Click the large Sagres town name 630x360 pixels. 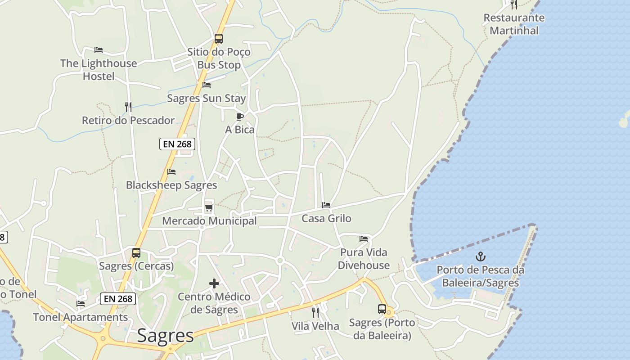(165, 336)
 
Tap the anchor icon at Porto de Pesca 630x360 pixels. (481, 257)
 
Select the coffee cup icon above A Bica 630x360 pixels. (240, 117)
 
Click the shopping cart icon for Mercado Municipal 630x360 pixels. (209, 207)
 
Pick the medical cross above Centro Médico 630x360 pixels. (214, 283)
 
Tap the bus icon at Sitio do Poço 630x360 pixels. (219, 39)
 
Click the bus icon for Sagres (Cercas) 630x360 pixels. (136, 253)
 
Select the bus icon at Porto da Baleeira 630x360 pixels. (382, 309)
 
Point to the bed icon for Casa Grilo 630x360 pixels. (326, 205)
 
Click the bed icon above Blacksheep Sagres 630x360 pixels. (171, 172)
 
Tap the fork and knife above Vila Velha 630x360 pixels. (315, 312)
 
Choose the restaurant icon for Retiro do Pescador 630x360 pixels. (128, 107)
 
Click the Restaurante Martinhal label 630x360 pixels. (514, 24)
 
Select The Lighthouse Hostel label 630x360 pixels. (99, 70)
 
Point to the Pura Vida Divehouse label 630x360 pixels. (364, 259)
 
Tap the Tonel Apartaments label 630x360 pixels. (81, 317)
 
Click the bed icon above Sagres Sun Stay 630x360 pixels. (207, 85)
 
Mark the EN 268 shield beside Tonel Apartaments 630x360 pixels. (118, 299)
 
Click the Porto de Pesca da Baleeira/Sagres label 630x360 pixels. (481, 276)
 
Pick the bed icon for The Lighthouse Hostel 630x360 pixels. (99, 50)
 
